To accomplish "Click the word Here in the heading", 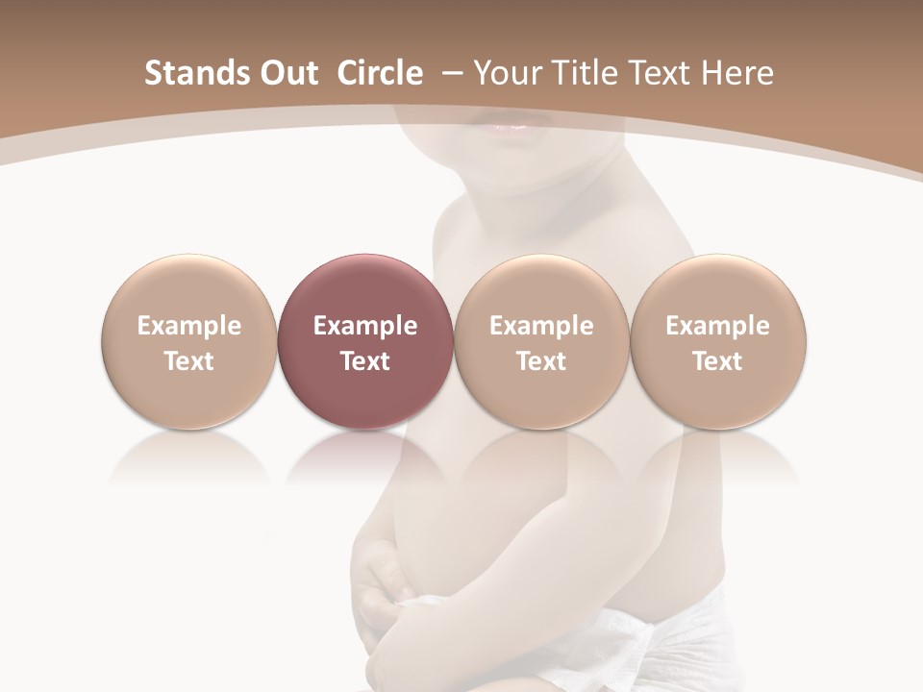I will coord(736,73).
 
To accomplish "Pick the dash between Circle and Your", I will coord(450,73).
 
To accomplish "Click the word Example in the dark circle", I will coord(365,326).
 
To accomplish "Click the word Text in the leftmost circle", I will coord(189,361).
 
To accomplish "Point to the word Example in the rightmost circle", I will coord(717,326).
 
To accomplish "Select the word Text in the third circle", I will coord(541,361).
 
